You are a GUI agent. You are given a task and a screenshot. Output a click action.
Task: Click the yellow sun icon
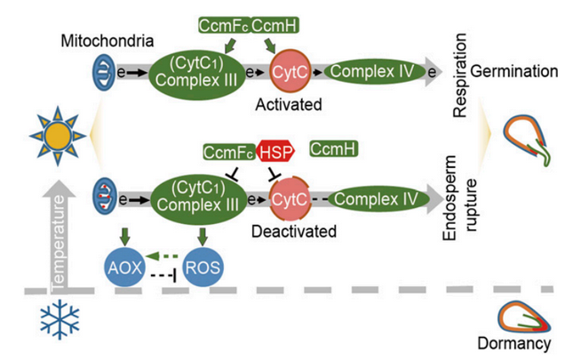(57, 137)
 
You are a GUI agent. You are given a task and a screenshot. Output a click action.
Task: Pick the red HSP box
(275, 151)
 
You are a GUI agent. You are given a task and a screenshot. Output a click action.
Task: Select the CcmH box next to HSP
(333, 151)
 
